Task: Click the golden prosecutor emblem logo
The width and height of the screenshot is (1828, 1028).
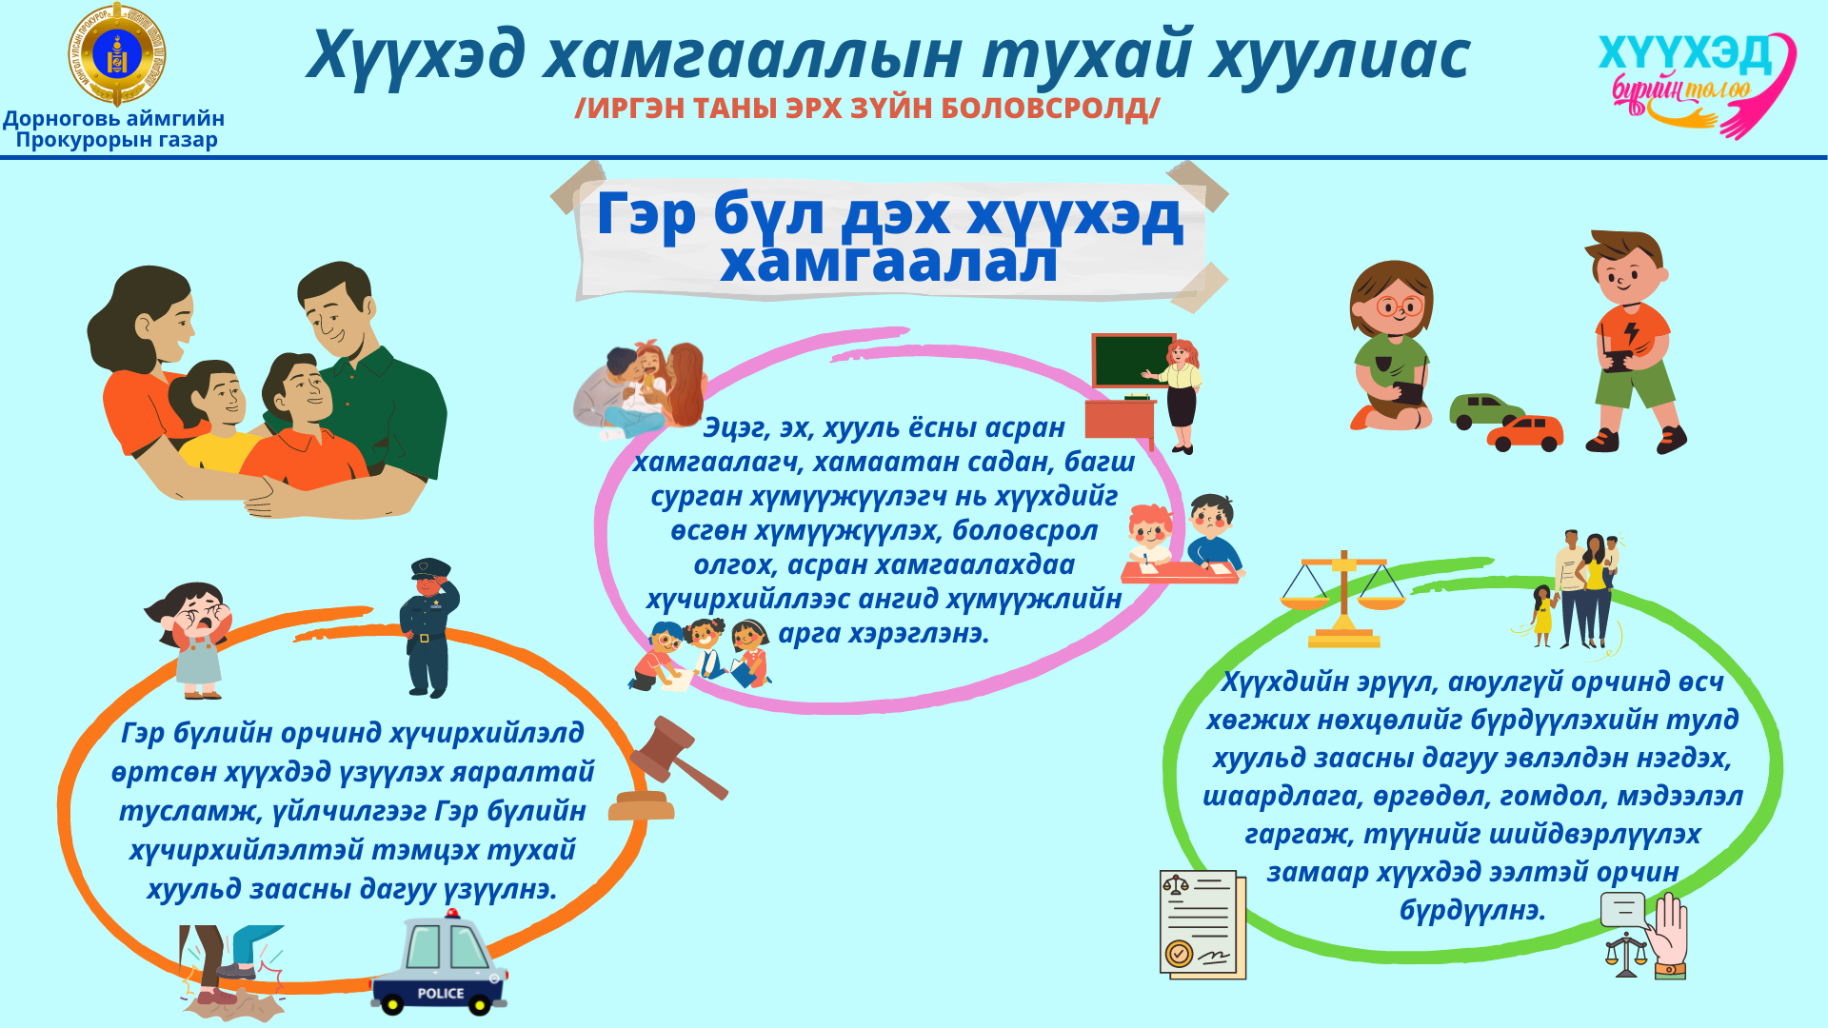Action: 116,54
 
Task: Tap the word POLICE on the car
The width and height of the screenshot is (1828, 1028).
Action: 441,993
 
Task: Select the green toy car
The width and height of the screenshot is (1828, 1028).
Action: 1485,411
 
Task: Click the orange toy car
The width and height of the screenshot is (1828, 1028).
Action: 1525,433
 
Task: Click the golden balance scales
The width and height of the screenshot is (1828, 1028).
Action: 1342,600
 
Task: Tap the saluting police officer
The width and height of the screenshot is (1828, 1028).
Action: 428,628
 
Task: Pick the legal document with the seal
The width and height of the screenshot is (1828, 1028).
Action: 1202,924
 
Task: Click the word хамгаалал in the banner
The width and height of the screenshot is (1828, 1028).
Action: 888,262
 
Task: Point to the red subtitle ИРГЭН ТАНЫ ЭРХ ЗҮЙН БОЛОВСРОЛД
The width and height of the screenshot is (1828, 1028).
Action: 867,109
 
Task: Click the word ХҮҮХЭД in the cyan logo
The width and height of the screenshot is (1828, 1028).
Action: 1684,54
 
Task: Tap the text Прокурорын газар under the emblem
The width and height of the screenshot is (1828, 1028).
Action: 116,140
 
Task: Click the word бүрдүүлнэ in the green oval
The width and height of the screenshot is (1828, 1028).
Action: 1472,910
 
